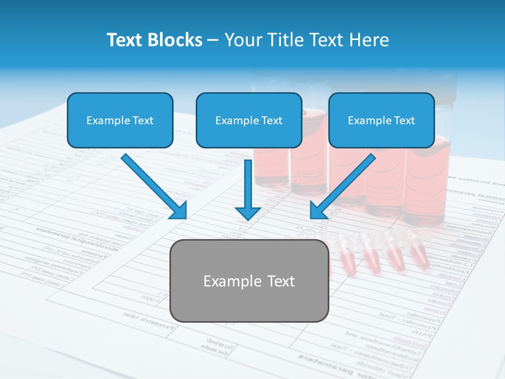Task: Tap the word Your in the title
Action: pyautogui.click(x=243, y=40)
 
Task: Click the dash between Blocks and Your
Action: pyautogui.click(x=213, y=41)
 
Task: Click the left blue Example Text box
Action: pyautogui.click(x=120, y=120)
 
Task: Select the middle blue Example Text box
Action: pyautogui.click(x=249, y=120)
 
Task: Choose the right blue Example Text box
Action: pyautogui.click(x=381, y=120)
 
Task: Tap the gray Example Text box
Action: pyautogui.click(x=249, y=281)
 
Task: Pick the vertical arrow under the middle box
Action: pyautogui.click(x=248, y=189)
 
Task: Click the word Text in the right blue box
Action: pyautogui.click(x=403, y=121)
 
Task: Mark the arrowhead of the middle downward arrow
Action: pyautogui.click(x=248, y=212)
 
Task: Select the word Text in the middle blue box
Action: pyautogui.click(x=271, y=121)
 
